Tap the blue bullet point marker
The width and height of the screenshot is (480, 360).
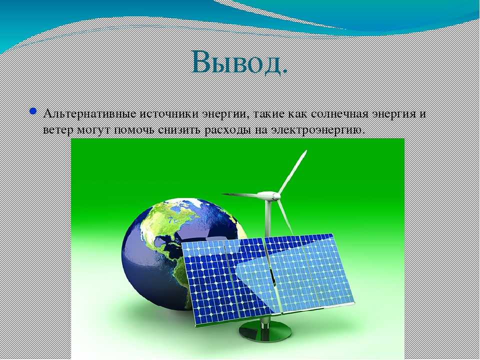coord(33,111)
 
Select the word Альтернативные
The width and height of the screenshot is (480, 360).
coord(90,114)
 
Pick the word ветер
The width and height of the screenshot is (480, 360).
coord(58,130)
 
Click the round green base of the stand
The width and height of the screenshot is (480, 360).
coord(265,331)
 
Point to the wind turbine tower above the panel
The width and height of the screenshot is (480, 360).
coord(268,218)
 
